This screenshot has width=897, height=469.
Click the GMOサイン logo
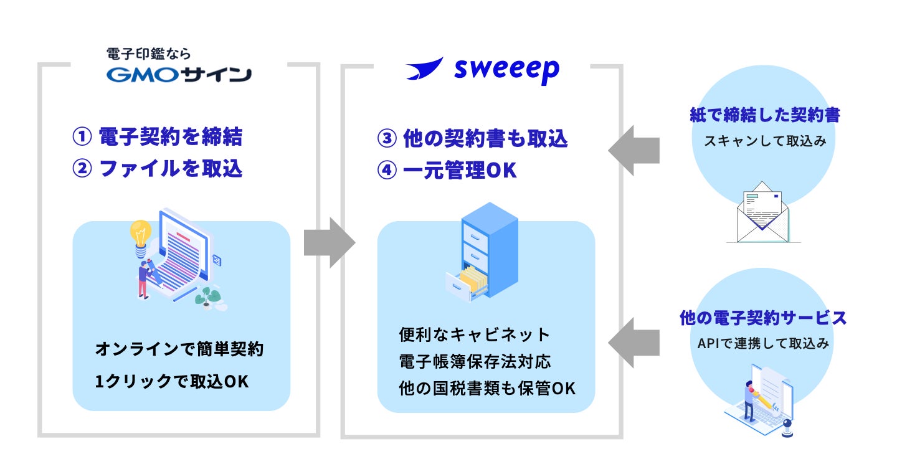click(179, 75)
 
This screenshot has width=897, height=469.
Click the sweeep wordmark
click(506, 71)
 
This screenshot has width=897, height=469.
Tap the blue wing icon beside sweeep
click(425, 68)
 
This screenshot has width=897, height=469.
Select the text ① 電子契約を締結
click(157, 137)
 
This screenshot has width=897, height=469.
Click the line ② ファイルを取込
click(157, 169)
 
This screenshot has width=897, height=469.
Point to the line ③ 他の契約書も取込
click(472, 139)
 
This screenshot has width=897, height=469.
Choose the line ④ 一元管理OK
click(447, 171)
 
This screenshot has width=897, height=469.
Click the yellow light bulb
click(140, 235)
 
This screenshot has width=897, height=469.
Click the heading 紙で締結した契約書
click(765, 115)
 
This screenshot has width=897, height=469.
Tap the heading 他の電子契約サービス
click(763, 318)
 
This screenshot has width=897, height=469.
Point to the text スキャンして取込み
click(765, 141)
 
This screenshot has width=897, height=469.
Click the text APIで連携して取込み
click(763, 343)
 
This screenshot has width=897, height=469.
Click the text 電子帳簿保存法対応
click(475, 361)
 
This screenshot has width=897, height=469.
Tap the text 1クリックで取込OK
click(172, 382)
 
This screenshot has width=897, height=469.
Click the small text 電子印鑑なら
click(148, 54)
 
